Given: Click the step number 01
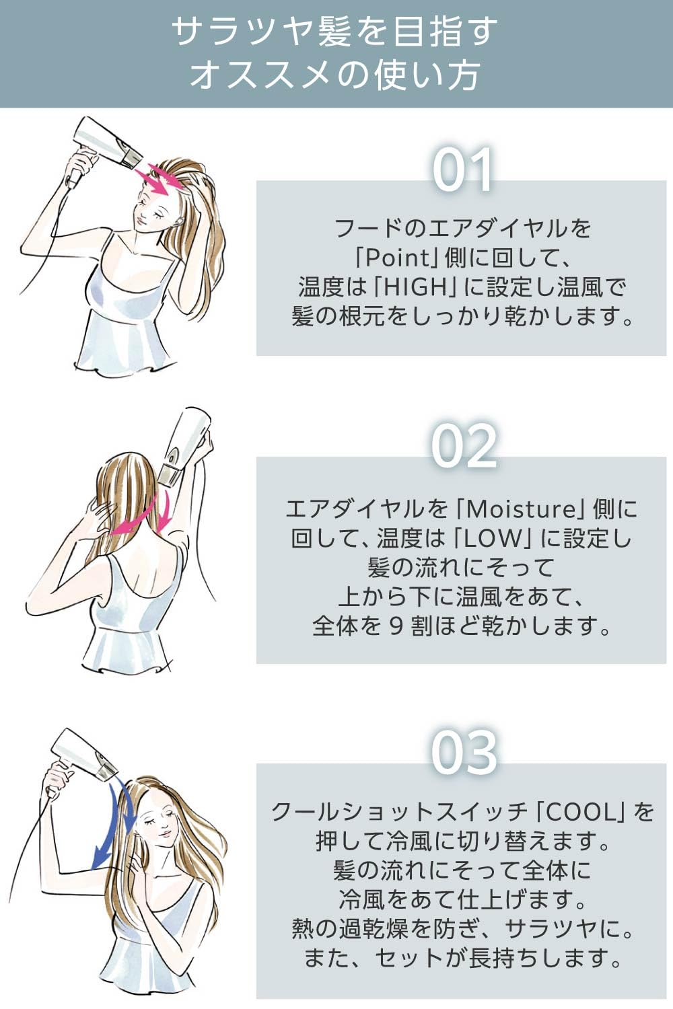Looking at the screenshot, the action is coord(462,171).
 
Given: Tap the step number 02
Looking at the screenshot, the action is coord(464,447).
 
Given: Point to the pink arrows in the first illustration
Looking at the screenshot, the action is coord(161,180).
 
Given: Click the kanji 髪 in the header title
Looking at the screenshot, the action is coord(334,33).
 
